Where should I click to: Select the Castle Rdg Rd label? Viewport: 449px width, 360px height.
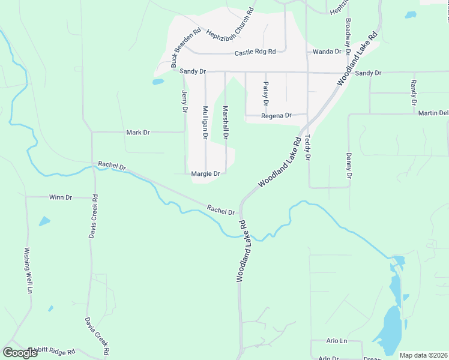tap(255, 53)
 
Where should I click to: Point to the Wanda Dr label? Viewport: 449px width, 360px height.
tap(327, 52)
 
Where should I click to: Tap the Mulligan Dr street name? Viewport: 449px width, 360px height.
tap(205, 122)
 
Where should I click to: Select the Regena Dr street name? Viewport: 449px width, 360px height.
tap(276, 115)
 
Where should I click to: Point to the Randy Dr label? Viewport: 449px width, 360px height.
tap(413, 93)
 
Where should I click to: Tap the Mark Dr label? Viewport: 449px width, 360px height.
tap(138, 132)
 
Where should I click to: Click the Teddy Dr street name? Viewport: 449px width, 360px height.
tap(307, 148)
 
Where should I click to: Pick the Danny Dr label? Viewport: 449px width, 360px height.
tap(348, 166)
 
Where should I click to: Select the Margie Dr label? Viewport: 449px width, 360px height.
tap(206, 174)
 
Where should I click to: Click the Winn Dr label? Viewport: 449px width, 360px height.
tap(61, 197)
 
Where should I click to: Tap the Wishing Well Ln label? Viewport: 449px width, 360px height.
tap(28, 271)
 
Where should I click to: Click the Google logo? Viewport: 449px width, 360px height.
tap(20, 352)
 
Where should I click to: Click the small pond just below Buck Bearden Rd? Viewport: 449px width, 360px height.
tap(158, 82)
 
